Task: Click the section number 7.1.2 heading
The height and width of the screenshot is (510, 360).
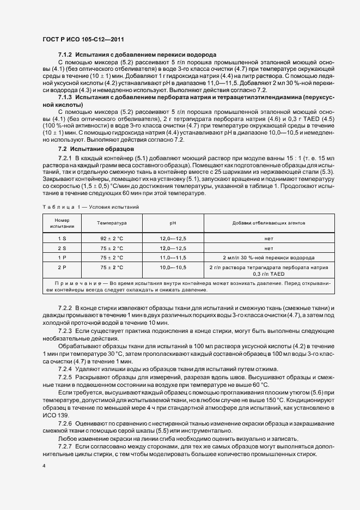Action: pos(66,55)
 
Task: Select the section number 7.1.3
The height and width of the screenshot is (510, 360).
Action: pos(66,96)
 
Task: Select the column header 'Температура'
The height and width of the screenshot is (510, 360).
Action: pos(112,223)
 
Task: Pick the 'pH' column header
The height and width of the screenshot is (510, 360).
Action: pos(173,223)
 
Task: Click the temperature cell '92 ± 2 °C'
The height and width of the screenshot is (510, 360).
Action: pos(112,238)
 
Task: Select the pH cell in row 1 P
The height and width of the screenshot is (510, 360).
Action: pos(173,257)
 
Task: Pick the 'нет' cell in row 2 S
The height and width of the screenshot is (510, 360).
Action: pos(269,247)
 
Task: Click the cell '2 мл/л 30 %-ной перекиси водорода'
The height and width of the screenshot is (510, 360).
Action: pos(269,257)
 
